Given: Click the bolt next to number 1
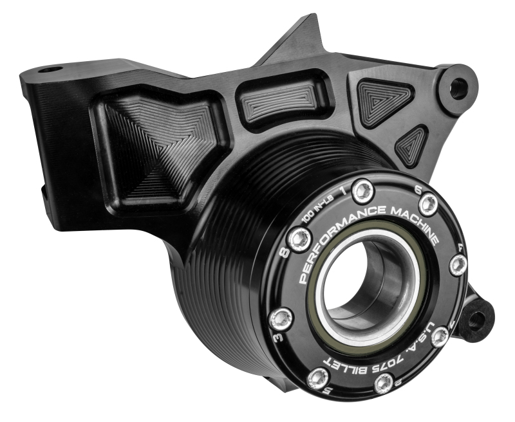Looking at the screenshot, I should pos(365,190).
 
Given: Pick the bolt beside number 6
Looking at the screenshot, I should pos(428,204).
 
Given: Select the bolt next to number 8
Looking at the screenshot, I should pos(300,240).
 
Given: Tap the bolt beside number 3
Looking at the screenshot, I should pos(281,316).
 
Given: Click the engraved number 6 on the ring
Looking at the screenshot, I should pos(418,190).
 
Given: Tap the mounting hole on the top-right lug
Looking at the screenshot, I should pos(458,87).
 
